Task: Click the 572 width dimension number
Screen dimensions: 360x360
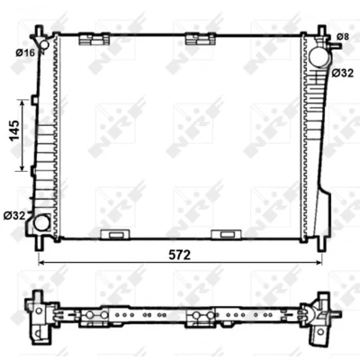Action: pyautogui.click(x=180, y=255)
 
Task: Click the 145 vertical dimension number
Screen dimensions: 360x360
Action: pyautogui.click(x=14, y=130)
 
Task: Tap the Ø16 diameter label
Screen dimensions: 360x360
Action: pyautogui.click(x=25, y=53)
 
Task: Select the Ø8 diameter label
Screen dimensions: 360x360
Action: pyautogui.click(x=343, y=37)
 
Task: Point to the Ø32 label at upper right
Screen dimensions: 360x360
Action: pyautogui.click(x=343, y=73)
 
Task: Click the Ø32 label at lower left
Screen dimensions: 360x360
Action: pyautogui.click(x=14, y=215)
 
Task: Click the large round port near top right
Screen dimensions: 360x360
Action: pyautogui.click(x=319, y=57)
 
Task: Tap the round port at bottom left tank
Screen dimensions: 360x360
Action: pyautogui.click(x=41, y=222)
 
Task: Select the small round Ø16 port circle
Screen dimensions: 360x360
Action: pyautogui.click(x=44, y=45)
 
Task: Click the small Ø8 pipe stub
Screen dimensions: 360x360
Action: pyautogui.click(x=336, y=46)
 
